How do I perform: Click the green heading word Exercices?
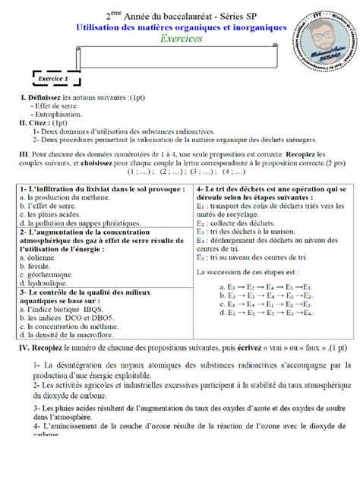pyautogui.click(x=182, y=39)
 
